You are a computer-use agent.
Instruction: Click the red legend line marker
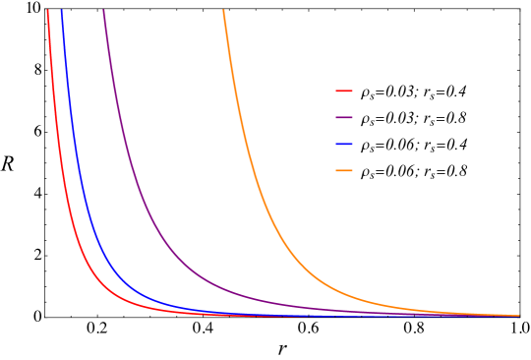(x=344, y=90)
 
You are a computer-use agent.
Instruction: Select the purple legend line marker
(x=344, y=117)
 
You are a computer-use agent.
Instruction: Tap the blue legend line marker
(x=344, y=144)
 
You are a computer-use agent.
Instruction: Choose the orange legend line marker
(x=344, y=170)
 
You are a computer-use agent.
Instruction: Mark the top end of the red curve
(x=47, y=11)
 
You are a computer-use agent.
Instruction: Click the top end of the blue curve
(x=62, y=11)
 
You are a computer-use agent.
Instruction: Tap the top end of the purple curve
(x=103, y=11)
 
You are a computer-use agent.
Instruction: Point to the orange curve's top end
(x=223, y=11)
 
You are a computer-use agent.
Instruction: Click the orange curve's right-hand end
(x=518, y=316)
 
